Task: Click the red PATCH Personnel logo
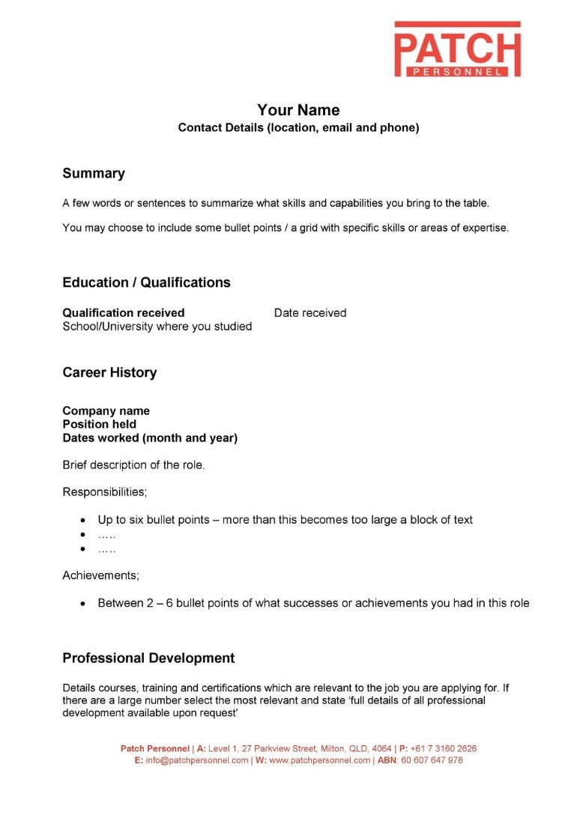point(457,49)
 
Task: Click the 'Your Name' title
point(298,110)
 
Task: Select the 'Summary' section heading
point(94,174)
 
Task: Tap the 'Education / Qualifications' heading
point(146,282)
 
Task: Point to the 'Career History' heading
point(109,372)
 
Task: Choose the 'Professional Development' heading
point(148,658)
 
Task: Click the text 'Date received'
point(310,313)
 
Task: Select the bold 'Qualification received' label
point(124,313)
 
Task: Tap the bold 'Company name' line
point(106,411)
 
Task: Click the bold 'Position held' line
point(99,424)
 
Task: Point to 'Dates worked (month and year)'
point(150,438)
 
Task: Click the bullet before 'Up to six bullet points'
point(83,520)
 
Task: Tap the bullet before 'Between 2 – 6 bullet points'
point(83,604)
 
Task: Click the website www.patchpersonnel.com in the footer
point(319,760)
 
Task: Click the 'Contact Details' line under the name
point(298,128)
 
